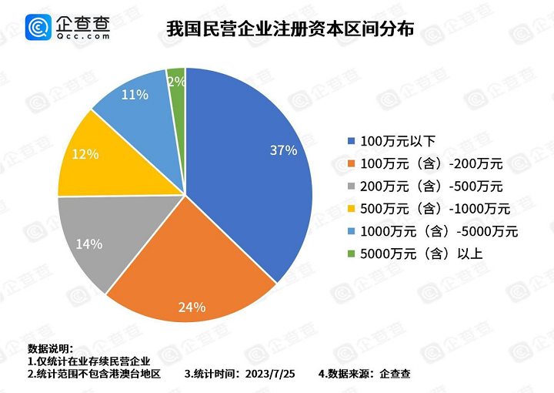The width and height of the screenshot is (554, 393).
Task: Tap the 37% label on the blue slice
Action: [x=283, y=150]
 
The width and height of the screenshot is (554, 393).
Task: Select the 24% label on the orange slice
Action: [x=192, y=307]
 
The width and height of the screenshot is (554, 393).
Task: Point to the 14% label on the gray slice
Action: [x=89, y=244]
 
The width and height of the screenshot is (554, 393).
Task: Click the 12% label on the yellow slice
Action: [x=85, y=154]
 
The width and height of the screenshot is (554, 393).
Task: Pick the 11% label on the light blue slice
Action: [x=135, y=96]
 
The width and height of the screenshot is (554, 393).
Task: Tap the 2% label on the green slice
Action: [x=175, y=81]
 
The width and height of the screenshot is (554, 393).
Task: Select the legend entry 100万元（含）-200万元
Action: [x=431, y=164]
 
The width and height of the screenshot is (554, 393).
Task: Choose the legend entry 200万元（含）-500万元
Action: [x=431, y=186]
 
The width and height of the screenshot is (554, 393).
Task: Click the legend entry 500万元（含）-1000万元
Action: [x=434, y=209]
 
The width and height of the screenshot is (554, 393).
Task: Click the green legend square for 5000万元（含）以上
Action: [x=352, y=254]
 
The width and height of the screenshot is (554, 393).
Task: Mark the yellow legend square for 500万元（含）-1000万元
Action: [x=352, y=209]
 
